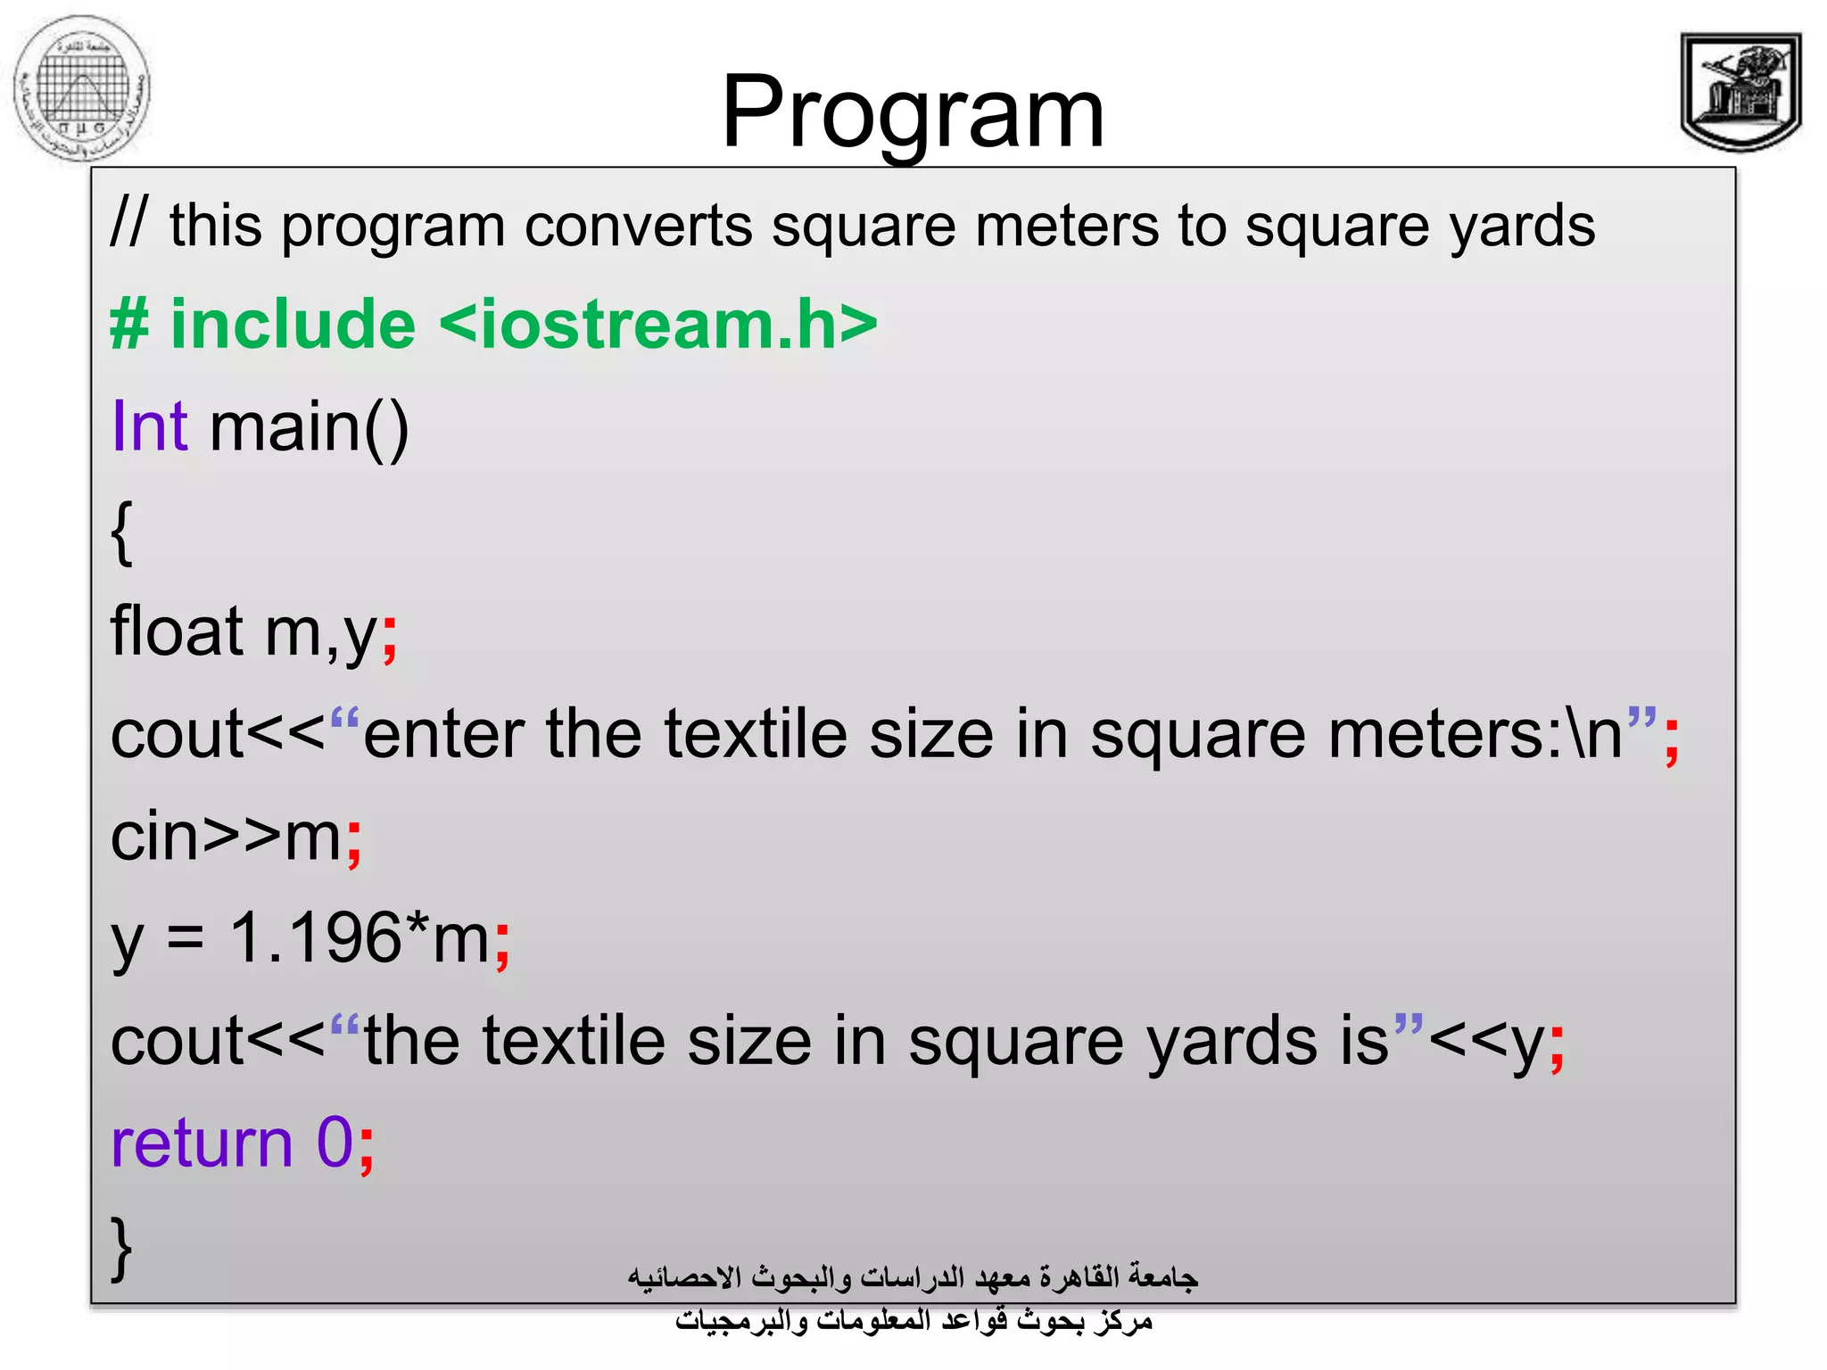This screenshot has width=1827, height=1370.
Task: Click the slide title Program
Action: pos(912,113)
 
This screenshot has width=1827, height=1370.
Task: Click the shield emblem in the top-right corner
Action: pos(1740,91)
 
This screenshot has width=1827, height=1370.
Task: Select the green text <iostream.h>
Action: pos(658,324)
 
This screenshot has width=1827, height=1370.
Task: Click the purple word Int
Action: pos(149,426)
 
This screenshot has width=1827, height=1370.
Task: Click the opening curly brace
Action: pos(122,532)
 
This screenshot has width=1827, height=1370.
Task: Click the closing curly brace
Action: pos(122,1247)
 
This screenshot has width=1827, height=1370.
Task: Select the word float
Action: pos(177,631)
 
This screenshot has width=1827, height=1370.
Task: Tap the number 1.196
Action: pos(315,938)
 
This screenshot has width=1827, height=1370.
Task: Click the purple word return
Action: pos(202,1143)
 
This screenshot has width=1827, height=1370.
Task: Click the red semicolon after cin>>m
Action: pos(355,840)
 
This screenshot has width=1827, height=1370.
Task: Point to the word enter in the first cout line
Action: pos(443,735)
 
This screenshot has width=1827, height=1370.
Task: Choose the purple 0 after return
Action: pos(335,1143)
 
